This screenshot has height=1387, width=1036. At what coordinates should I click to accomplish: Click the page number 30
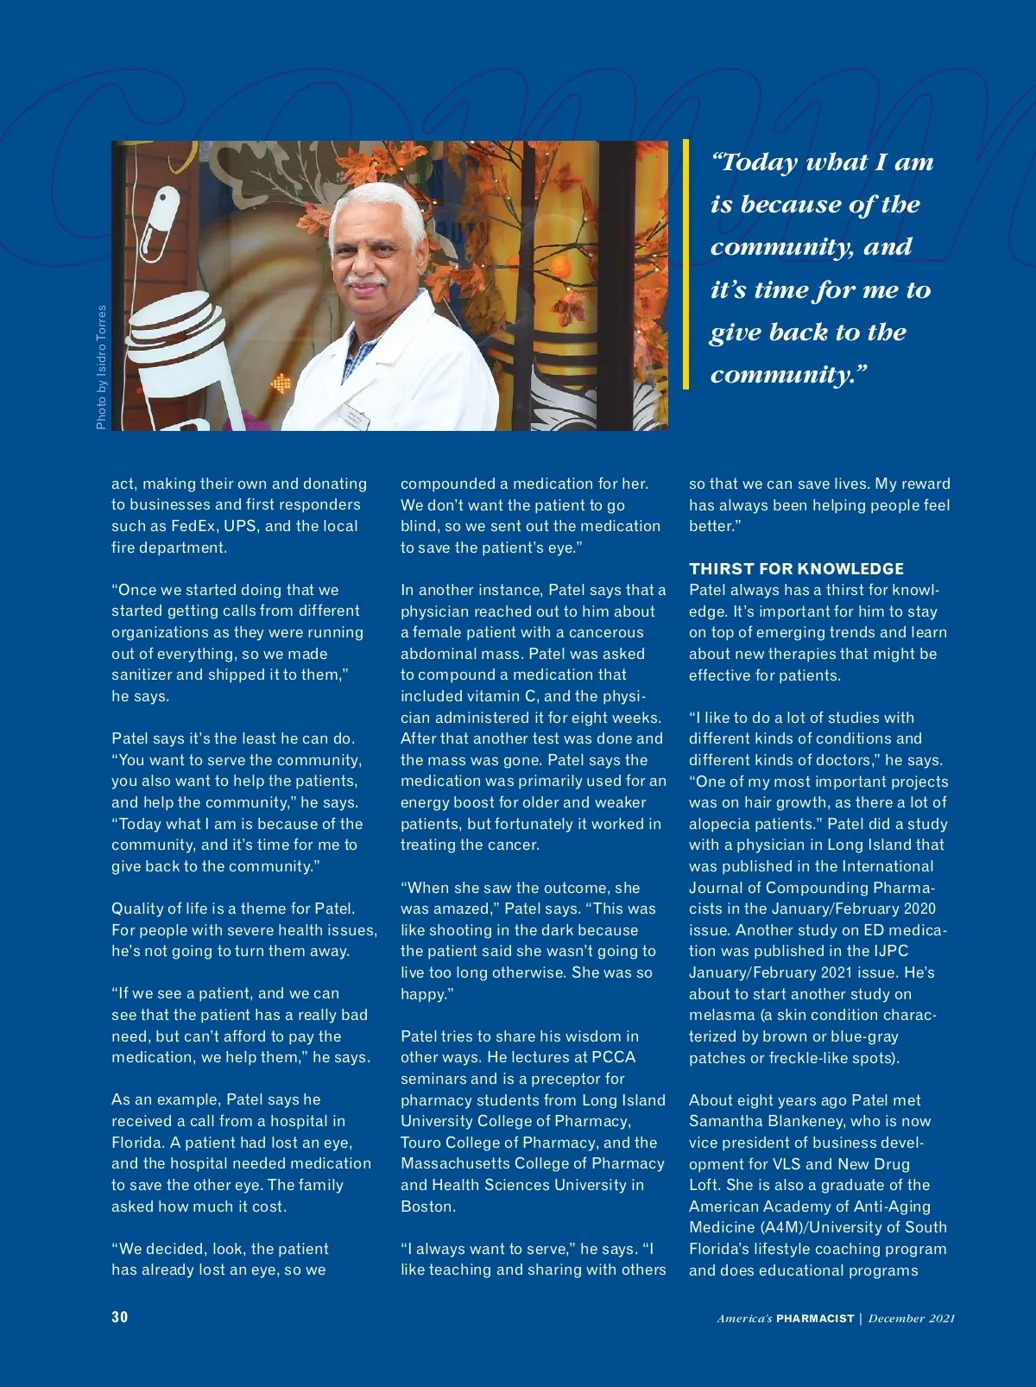point(119,1317)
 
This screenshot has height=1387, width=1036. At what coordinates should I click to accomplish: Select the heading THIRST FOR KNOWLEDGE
point(796,568)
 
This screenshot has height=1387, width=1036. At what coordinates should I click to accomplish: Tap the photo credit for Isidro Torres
point(101,367)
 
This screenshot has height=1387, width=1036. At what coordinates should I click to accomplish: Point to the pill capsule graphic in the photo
point(161,225)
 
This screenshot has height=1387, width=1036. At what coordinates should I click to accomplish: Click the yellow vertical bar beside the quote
point(686,264)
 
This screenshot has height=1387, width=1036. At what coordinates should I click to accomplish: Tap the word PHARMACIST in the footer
point(814,1319)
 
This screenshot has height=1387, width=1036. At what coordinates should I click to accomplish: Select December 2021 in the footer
point(912,1319)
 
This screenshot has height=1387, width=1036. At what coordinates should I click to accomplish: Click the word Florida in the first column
point(137,1143)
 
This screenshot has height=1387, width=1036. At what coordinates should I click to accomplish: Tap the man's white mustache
point(365,280)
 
